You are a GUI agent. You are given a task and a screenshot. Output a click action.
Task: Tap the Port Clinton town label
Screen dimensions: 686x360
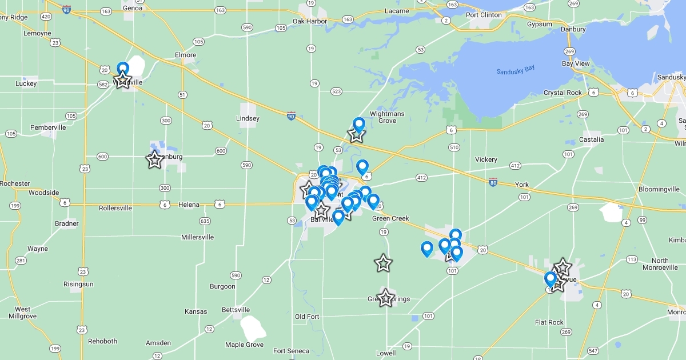point(484,15)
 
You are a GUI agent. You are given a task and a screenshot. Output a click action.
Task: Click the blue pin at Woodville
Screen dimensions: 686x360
point(122,69)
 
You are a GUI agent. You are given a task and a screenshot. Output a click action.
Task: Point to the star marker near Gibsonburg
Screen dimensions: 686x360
point(154,160)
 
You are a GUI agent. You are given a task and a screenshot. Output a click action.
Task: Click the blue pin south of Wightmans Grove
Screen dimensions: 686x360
point(359,124)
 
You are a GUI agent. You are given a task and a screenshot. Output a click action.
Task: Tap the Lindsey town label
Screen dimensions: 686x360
point(248,118)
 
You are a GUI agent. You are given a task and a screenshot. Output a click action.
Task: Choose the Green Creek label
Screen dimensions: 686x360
point(390,218)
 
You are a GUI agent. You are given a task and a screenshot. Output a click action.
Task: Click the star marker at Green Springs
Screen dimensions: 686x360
point(386,297)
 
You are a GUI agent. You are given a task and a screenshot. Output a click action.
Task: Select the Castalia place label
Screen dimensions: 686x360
point(591,139)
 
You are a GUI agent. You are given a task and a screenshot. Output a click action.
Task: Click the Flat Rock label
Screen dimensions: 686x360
point(549,322)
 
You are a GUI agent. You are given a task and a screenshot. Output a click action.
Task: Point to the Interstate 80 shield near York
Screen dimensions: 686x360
point(493,182)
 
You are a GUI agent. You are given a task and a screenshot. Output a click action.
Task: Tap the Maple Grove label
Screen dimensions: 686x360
point(244,345)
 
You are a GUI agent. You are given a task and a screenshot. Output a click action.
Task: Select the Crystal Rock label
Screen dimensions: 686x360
point(563,93)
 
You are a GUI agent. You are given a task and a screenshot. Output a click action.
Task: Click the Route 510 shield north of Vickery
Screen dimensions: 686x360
point(454,147)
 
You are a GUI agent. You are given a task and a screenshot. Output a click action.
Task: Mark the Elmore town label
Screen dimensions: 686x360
point(185,55)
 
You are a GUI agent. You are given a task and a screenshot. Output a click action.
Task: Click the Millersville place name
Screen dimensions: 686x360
point(197,237)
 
